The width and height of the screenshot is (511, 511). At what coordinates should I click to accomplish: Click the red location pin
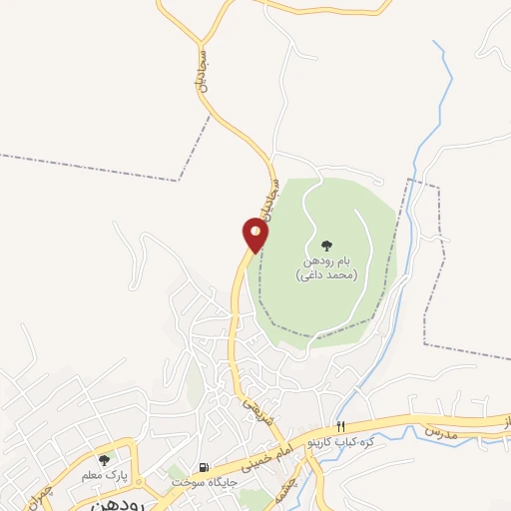coord(255,236)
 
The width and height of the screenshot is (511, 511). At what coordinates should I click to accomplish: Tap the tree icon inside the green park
coord(325,245)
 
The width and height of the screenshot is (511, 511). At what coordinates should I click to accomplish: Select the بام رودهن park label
coord(325,261)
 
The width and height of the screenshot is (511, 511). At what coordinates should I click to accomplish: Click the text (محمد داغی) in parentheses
coord(325,275)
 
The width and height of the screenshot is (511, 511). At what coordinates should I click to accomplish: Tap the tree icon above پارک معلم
coord(104,460)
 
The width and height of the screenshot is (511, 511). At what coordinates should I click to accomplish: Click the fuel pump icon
coord(205,467)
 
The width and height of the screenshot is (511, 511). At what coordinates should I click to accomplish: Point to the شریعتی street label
coord(250,405)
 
